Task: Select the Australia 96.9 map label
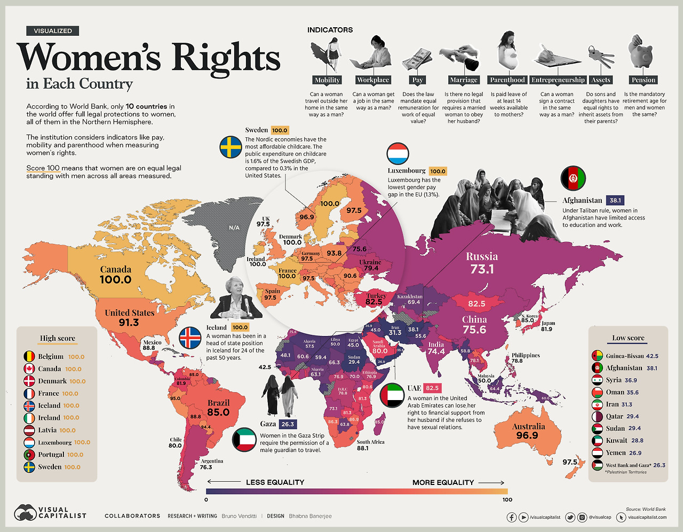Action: [x=528, y=431]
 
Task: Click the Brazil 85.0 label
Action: [x=218, y=408]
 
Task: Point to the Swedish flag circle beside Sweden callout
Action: [x=231, y=147]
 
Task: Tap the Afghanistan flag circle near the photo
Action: [x=573, y=178]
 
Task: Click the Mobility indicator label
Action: [x=327, y=80]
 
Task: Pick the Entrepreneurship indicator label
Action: [x=558, y=80]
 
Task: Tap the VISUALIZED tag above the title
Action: [x=53, y=31]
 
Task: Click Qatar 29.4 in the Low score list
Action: [x=622, y=416]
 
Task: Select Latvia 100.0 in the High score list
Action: [x=57, y=430]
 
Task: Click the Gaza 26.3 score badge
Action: [x=288, y=424]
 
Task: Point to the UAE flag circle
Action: [x=392, y=395]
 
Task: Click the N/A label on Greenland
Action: [x=234, y=228]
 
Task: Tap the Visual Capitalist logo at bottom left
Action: [x=51, y=513]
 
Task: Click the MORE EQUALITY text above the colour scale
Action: [x=443, y=482]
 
